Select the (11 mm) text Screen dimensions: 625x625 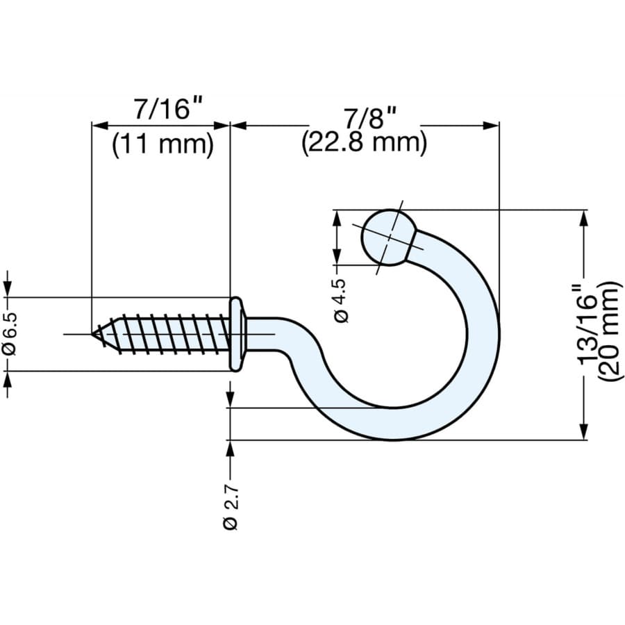(162, 144)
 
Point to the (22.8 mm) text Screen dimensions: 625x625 (364, 143)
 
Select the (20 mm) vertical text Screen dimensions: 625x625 (610, 331)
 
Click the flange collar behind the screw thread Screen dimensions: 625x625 (237, 334)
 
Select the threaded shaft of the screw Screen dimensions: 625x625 (167, 334)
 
